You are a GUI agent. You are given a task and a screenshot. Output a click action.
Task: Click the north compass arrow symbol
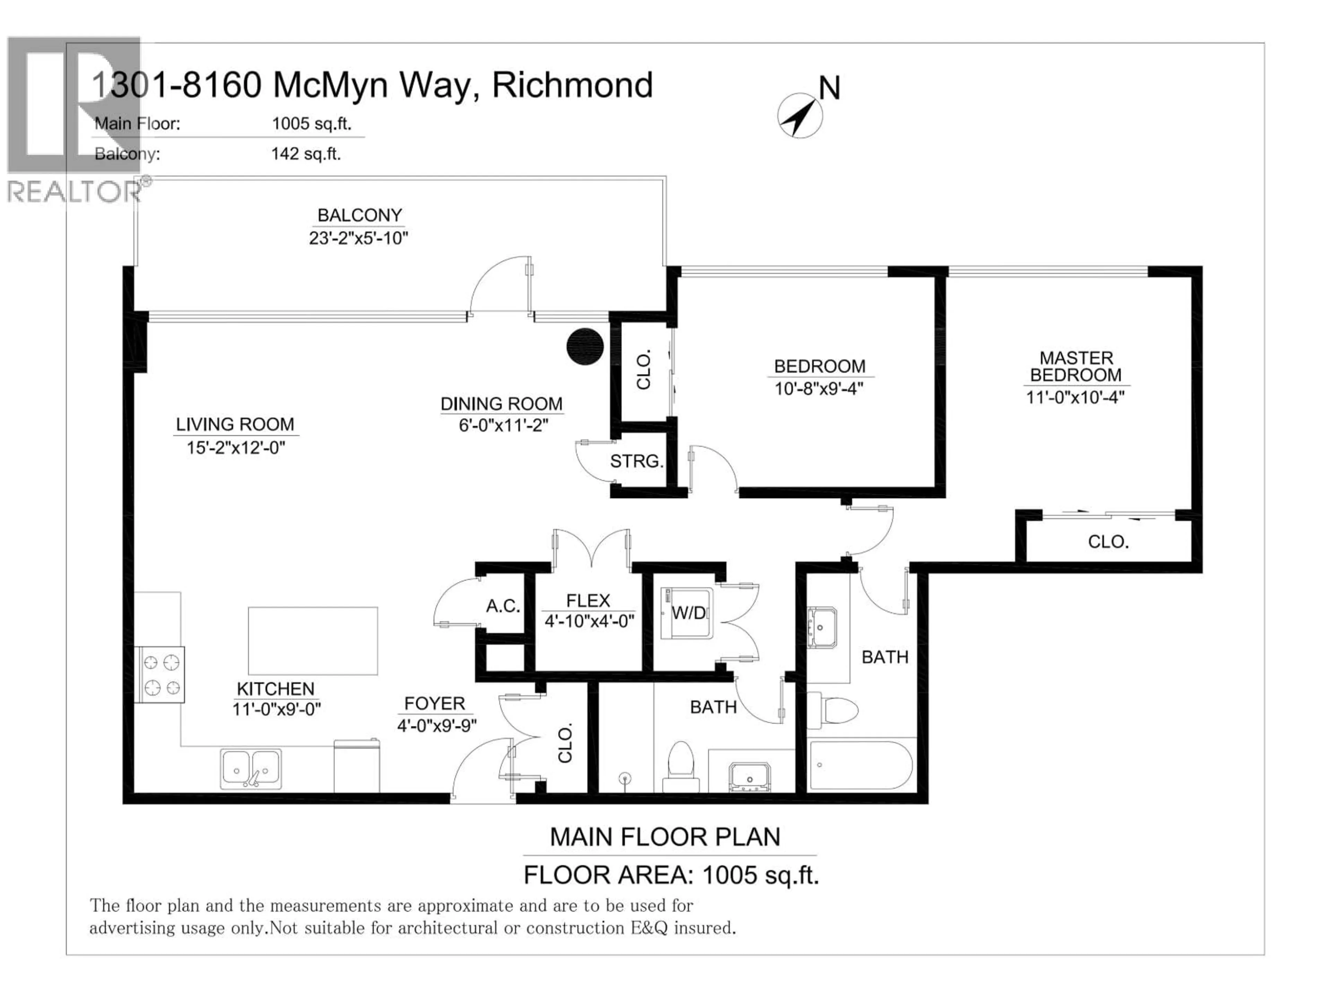[x=799, y=115]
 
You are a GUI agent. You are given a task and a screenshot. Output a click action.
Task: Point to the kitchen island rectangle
[x=313, y=641]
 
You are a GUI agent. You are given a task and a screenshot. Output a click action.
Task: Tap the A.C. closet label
[x=503, y=606]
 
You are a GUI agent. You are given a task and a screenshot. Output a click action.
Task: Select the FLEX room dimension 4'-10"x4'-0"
[x=589, y=621]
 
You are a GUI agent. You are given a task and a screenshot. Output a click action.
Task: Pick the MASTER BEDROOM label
[x=1076, y=366]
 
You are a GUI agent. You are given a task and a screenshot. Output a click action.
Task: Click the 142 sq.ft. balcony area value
[x=306, y=154]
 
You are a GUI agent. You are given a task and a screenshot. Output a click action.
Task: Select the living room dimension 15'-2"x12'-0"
[x=235, y=448]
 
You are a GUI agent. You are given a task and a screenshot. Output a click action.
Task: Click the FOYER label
[x=434, y=703]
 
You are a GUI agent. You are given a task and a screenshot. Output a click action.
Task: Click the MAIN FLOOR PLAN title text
[x=665, y=837]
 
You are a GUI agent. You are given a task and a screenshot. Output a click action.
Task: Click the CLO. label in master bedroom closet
[x=1108, y=542]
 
